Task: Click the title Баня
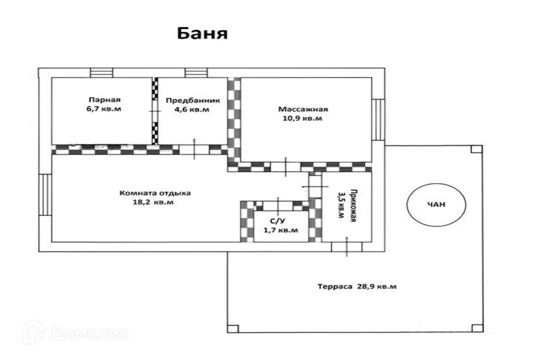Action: point(202,34)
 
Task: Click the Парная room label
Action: point(104,99)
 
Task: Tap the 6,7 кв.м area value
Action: point(104,109)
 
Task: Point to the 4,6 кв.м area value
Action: point(193,110)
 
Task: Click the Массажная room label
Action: point(303,109)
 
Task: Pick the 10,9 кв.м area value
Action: point(303,119)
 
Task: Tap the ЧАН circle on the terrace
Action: point(436,204)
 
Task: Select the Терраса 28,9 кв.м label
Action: point(357,286)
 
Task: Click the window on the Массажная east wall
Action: point(378,119)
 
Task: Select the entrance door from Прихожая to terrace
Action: point(346,246)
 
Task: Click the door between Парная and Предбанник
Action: point(155,111)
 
